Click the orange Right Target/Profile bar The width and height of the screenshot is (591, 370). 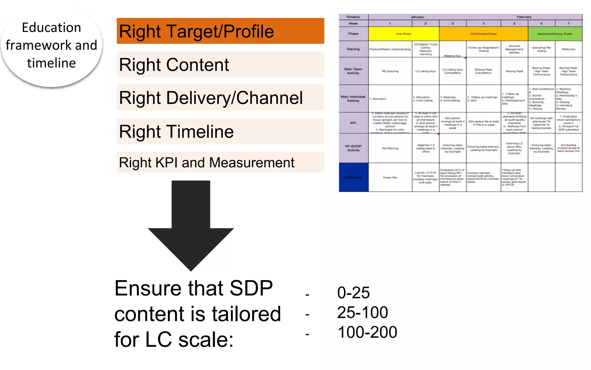point(220,31)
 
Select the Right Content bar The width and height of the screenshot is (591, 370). point(220,64)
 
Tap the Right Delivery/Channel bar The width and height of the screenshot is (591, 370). point(220,97)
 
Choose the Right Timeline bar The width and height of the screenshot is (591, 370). point(220,131)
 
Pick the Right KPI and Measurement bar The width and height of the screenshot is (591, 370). point(220,162)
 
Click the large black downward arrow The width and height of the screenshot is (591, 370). point(191,225)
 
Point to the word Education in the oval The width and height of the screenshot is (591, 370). point(51,28)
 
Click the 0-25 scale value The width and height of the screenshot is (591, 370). point(353,293)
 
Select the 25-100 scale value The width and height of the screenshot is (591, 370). point(362,312)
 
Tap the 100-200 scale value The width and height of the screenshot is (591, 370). point(367,332)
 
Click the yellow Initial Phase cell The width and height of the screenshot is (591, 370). point(403,34)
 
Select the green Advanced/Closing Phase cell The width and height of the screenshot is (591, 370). point(555,34)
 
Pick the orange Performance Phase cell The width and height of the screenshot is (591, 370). point(483,34)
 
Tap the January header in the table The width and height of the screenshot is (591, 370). point(417,17)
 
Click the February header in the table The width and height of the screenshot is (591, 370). point(524,17)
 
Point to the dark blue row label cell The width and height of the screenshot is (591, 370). point(354,177)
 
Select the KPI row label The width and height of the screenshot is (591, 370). point(353,123)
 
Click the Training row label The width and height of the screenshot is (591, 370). point(353,49)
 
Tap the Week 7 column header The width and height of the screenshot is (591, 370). point(568,23)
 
